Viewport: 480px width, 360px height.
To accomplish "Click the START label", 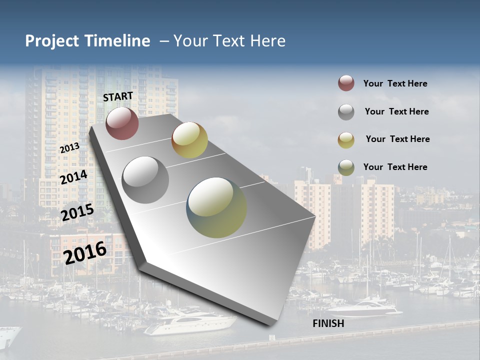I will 118,96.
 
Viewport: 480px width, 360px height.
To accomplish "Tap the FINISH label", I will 328,323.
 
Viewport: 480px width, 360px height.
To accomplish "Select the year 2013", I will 69,147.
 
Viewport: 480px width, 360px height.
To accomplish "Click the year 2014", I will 73,177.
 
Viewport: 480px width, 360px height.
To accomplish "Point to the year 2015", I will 77,212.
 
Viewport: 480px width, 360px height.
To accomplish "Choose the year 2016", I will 85,252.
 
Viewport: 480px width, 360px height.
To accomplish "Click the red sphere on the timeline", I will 122,123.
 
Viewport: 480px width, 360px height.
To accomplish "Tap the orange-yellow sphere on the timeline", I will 189,140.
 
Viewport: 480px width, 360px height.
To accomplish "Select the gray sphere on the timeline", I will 145,179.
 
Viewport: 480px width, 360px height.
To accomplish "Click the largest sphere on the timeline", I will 216,207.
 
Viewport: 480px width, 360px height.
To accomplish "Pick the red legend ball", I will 346,83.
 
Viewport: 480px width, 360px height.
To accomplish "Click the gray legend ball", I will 346,112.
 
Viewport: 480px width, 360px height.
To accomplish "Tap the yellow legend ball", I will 346,140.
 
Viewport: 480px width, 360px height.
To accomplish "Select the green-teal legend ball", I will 346,167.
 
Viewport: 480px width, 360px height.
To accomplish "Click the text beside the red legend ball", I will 395,83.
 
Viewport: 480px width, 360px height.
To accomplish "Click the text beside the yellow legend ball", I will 397,139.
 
